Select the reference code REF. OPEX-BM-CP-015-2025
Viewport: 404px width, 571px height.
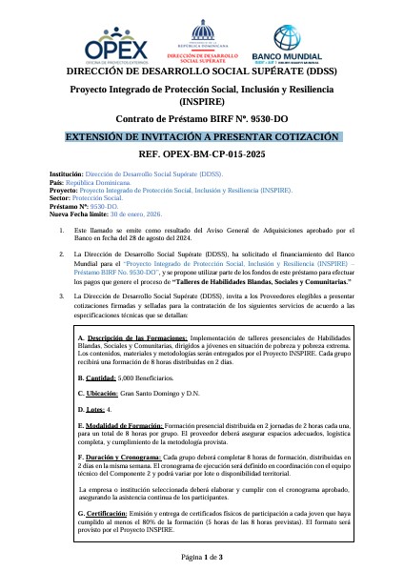[x=201, y=153]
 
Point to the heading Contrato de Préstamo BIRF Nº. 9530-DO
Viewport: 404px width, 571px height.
[x=201, y=119]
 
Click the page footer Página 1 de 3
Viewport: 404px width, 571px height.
[x=202, y=556]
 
